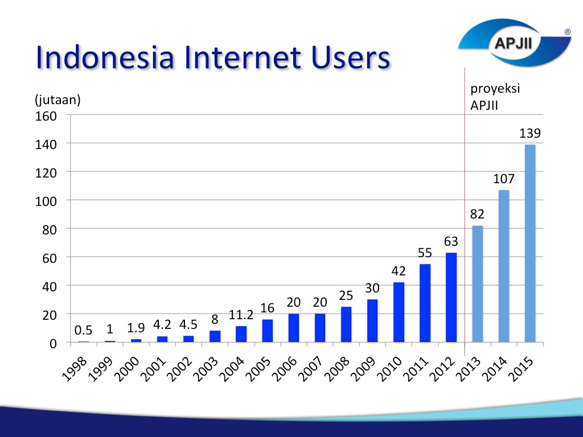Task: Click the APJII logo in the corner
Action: pyautogui.click(x=515, y=42)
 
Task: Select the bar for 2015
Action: pyautogui.click(x=530, y=243)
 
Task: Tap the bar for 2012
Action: pyautogui.click(x=451, y=297)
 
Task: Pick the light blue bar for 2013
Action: pyautogui.click(x=478, y=283)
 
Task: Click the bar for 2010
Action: pyautogui.click(x=399, y=312)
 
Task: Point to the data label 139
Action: pyautogui.click(x=530, y=133)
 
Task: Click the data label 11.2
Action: pyautogui.click(x=241, y=315)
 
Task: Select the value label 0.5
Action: pyautogui.click(x=83, y=330)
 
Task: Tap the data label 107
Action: pyautogui.click(x=504, y=179)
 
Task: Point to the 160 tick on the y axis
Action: pyautogui.click(x=46, y=116)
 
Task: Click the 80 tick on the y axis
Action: pyautogui.click(x=50, y=230)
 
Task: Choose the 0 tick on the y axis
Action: pyautogui.click(x=53, y=344)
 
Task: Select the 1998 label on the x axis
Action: pyautogui.click(x=75, y=369)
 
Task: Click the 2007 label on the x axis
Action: pyautogui.click(x=310, y=369)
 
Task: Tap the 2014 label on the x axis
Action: pyautogui.click(x=494, y=369)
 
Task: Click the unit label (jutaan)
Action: pyautogui.click(x=58, y=100)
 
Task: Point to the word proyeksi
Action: pyautogui.click(x=495, y=89)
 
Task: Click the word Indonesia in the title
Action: pyautogui.click(x=105, y=57)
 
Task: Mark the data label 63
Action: pyautogui.click(x=451, y=241)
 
